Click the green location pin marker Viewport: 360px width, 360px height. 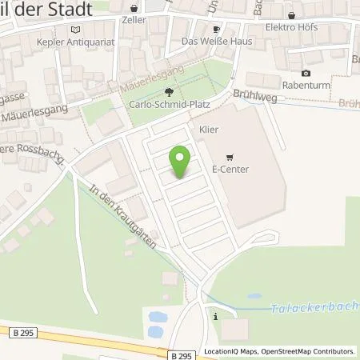181,162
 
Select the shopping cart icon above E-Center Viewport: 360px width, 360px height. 230,157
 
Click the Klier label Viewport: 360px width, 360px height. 208,129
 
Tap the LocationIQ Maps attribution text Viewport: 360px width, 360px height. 229,351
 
